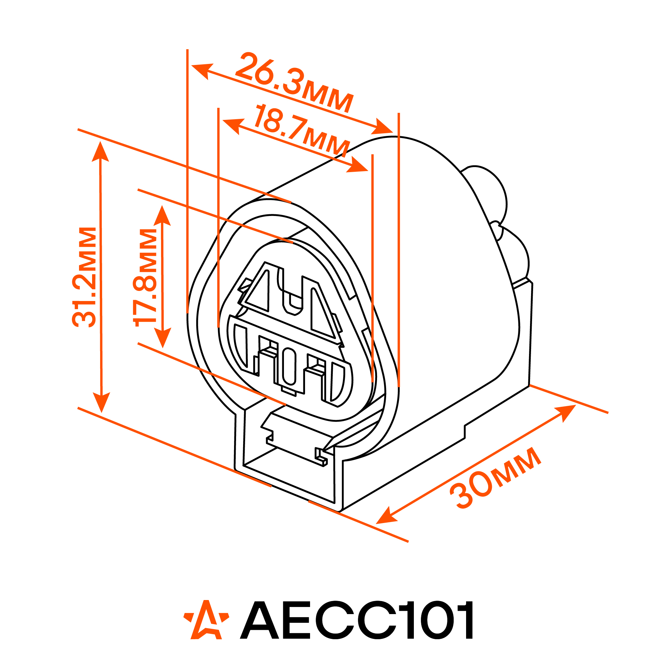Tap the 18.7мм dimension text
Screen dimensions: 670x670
(x=301, y=130)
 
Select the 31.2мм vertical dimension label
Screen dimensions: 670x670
(x=84, y=277)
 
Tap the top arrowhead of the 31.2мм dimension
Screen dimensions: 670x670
(x=100, y=152)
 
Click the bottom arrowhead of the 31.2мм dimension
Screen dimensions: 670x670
(x=101, y=402)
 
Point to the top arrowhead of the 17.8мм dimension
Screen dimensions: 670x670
(x=162, y=215)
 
